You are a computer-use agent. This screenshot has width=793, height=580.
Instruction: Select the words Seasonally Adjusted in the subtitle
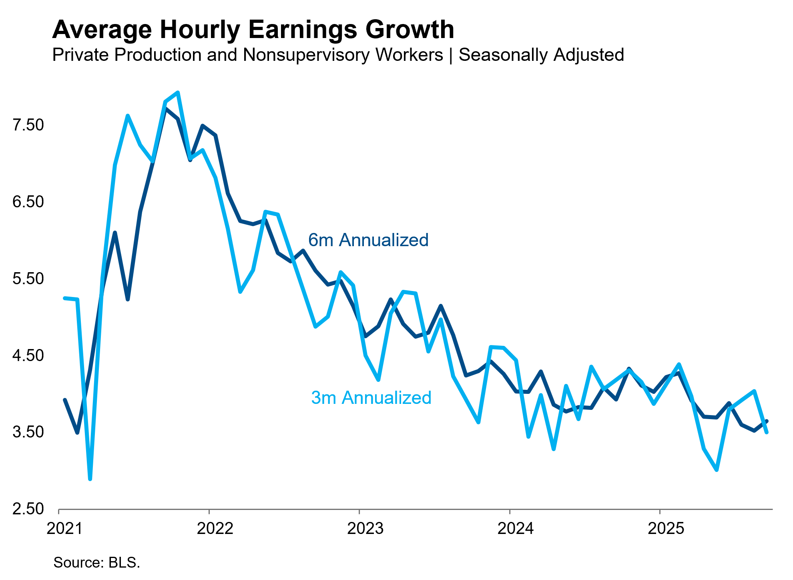pyautogui.click(x=541, y=55)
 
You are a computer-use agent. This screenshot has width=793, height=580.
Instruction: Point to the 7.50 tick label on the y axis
pyautogui.click(x=28, y=125)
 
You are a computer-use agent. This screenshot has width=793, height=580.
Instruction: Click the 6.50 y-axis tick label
pyautogui.click(x=28, y=202)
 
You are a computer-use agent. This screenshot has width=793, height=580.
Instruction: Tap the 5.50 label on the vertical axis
pyautogui.click(x=28, y=279)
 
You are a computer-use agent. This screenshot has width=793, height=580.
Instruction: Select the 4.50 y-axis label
pyautogui.click(x=28, y=355)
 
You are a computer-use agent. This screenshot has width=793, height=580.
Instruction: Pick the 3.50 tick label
pyautogui.click(x=28, y=432)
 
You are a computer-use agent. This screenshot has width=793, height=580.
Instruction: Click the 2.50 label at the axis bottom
pyautogui.click(x=28, y=509)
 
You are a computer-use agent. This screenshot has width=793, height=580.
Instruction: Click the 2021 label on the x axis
pyautogui.click(x=64, y=528)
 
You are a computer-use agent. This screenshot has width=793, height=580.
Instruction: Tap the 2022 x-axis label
pyautogui.click(x=215, y=528)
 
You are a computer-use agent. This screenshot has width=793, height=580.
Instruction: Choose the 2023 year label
pyautogui.click(x=365, y=528)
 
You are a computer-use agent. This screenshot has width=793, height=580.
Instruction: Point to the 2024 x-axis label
pyautogui.click(x=515, y=528)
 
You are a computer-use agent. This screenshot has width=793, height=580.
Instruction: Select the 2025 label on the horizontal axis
pyautogui.click(x=666, y=528)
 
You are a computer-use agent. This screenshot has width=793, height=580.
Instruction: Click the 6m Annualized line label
pyautogui.click(x=368, y=240)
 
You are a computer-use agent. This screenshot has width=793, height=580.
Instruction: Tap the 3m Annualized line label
pyautogui.click(x=371, y=398)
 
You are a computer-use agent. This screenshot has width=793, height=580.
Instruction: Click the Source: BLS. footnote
pyautogui.click(x=96, y=562)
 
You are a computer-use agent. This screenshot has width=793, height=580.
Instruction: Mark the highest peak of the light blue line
pyautogui.click(x=178, y=92)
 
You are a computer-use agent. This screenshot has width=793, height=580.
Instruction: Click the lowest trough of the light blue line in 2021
pyautogui.click(x=90, y=479)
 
